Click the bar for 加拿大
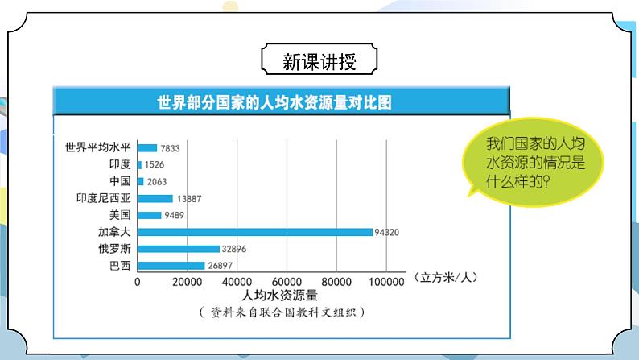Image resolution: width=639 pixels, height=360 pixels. (x=255, y=232)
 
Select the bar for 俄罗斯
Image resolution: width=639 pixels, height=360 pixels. (x=179, y=249)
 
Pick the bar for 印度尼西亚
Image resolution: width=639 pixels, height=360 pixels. (x=155, y=198)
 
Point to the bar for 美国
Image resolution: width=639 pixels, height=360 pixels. (x=150, y=215)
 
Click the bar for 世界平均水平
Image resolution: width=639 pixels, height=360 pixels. (x=147, y=147)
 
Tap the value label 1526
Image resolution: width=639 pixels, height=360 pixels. (x=155, y=164)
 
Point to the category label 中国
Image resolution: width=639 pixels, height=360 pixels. (x=120, y=181)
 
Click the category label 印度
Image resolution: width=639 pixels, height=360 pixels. (x=120, y=164)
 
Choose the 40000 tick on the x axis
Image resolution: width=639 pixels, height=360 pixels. (x=237, y=281)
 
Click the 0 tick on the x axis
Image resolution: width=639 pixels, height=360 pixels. (x=138, y=281)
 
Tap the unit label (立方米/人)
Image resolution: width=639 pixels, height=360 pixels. (x=447, y=278)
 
